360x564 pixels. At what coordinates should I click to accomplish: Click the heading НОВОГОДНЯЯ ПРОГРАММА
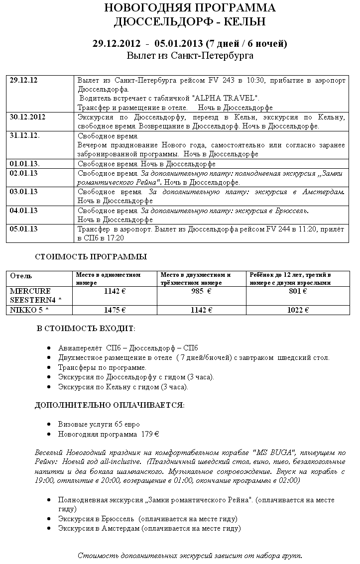190,8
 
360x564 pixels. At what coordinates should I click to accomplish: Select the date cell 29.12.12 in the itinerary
24,81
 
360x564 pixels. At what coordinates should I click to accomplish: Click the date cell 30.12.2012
27,117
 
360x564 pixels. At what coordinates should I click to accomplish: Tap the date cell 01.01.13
25,164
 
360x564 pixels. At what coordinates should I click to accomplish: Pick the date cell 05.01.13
24,229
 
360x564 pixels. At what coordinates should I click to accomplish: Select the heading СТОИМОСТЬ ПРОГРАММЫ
91,257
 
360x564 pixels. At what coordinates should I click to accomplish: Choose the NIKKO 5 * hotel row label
30,310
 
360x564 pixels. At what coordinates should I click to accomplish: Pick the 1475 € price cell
115,310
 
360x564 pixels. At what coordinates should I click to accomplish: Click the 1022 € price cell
298,310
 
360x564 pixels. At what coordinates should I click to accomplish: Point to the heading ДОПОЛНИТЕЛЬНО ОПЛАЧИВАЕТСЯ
110,405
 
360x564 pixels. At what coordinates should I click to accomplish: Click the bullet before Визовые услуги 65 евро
48,425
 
